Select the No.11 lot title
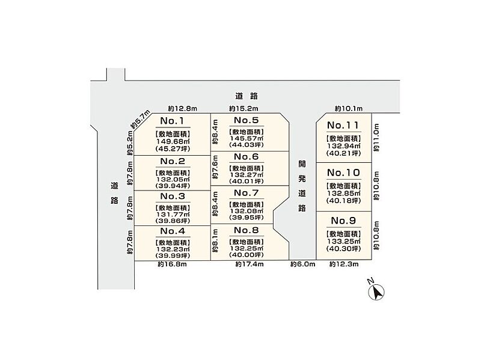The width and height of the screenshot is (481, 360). (x=343, y=126)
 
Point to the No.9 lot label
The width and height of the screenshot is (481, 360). (x=343, y=220)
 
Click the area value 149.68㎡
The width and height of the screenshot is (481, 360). (x=171, y=142)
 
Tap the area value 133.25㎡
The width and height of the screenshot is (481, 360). (x=343, y=239)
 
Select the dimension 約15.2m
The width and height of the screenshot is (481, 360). (x=243, y=109)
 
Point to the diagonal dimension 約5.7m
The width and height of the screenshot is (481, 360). (x=139, y=120)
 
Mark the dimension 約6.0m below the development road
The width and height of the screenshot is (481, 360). (x=302, y=264)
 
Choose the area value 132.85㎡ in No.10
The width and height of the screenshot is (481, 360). (x=343, y=192)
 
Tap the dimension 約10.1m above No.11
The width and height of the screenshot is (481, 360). (x=349, y=109)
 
